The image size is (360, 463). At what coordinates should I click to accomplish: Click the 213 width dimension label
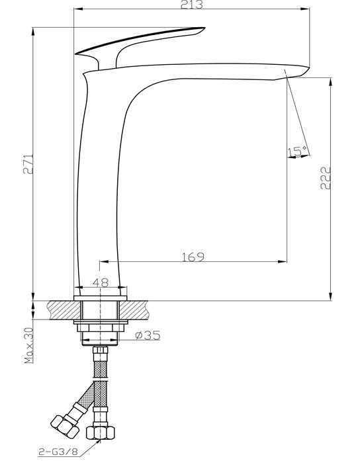pyautogui.click(x=192, y=5)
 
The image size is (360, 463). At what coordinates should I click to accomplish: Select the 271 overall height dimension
pyautogui.click(x=28, y=163)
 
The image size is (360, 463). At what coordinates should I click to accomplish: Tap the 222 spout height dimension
pyautogui.click(x=326, y=177)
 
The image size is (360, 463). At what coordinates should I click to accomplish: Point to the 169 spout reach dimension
pyautogui.click(x=193, y=257)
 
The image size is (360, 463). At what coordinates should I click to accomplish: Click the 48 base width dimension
pyautogui.click(x=101, y=282)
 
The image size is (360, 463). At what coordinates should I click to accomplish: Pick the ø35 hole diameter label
pyautogui.click(x=148, y=335)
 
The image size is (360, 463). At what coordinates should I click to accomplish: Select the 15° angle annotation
pyautogui.click(x=297, y=151)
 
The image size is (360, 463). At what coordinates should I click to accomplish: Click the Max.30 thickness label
pyautogui.click(x=29, y=345)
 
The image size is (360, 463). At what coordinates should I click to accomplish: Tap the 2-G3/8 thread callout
pyautogui.click(x=58, y=452)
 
